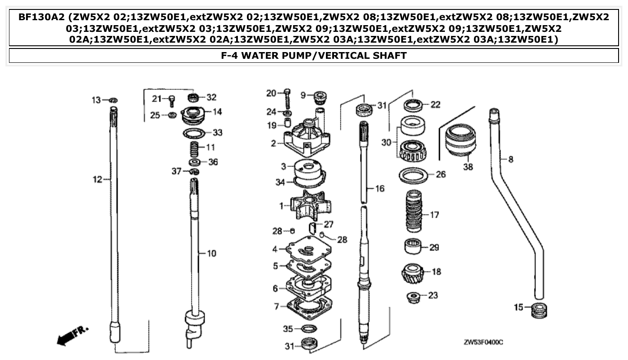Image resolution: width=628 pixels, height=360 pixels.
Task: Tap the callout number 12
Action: click(97, 180)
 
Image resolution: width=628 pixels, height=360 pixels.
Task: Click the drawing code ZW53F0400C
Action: click(483, 342)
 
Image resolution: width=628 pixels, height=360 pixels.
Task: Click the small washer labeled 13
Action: click(113, 100)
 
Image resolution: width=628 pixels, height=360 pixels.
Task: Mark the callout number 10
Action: click(211, 254)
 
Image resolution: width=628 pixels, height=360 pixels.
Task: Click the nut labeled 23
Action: click(412, 297)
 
